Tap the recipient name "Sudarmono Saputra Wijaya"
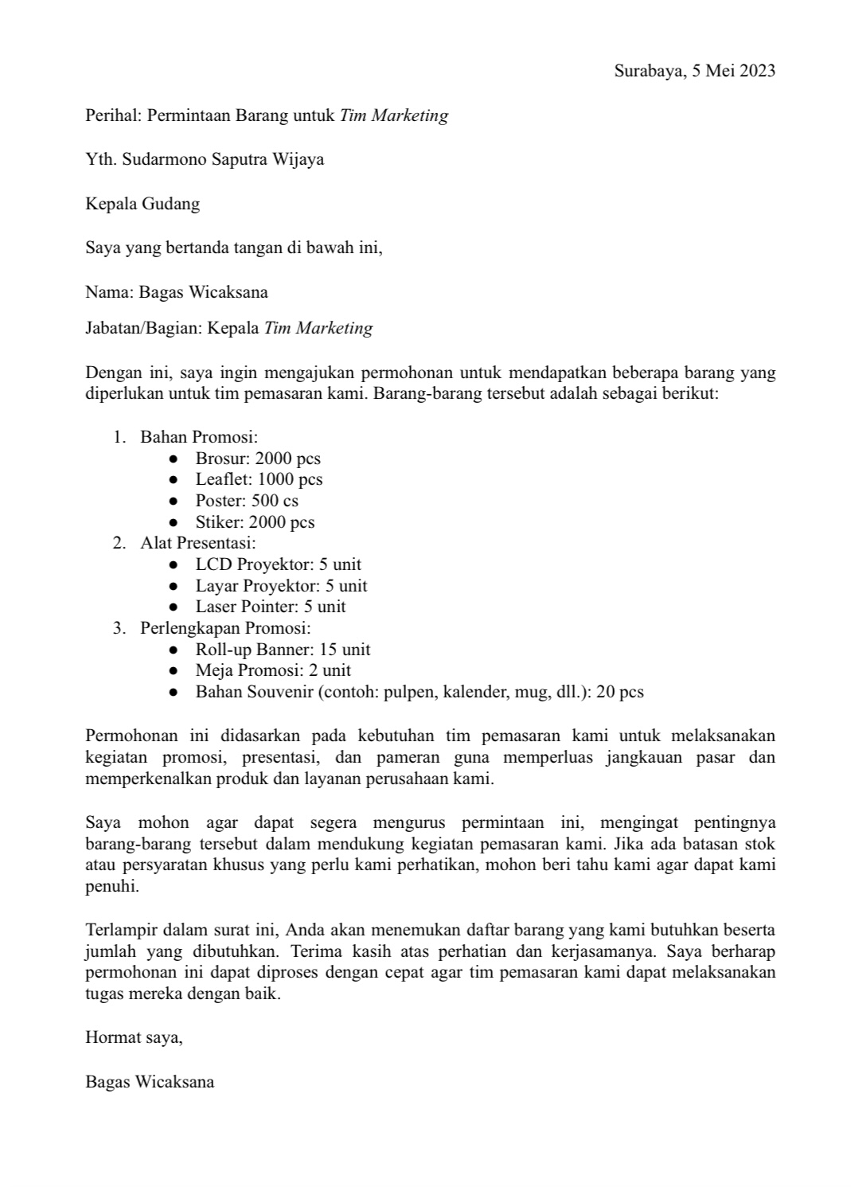(224, 159)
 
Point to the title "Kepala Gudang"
(142, 204)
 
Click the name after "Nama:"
(203, 292)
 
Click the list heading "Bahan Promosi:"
(199, 437)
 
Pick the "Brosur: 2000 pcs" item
(258, 459)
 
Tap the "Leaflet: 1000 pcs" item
(259, 479)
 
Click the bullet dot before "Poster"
(174, 502)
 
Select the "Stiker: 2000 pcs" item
(255, 522)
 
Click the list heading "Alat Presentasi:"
(198, 543)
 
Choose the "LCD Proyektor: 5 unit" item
(278, 564)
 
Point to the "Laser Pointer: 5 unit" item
(271, 607)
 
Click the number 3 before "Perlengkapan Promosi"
(118, 628)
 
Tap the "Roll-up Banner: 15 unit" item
(283, 650)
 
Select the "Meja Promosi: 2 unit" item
(273, 670)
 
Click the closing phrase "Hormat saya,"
(135, 1037)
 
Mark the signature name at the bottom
(150, 1082)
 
